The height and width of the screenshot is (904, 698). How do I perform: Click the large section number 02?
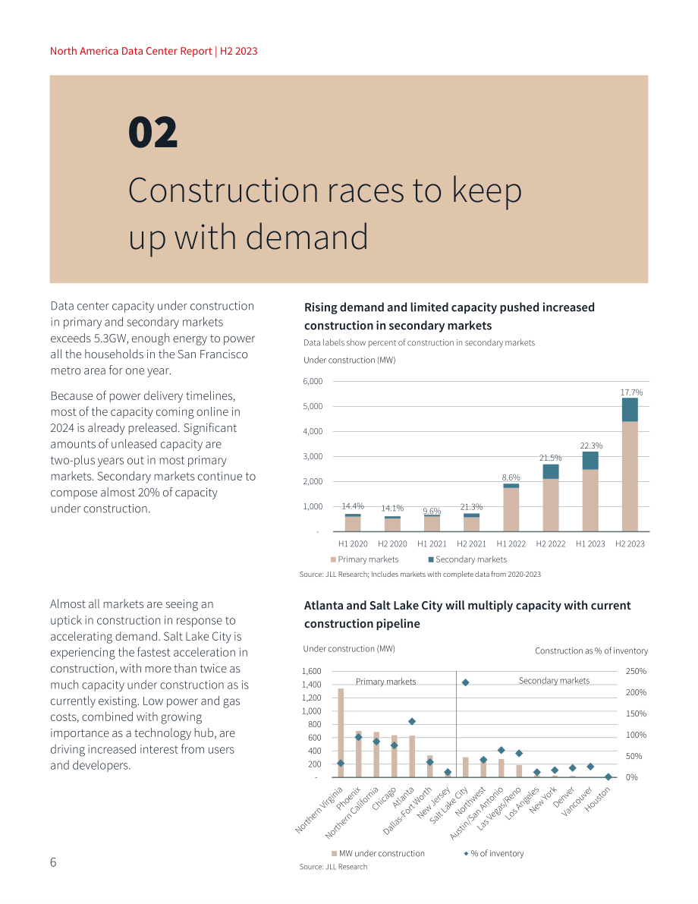coord(152,132)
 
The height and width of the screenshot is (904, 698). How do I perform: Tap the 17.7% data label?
coord(631,392)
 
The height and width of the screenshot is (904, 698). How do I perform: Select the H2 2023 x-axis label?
coord(630,543)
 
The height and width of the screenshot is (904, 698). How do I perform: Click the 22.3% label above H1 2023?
coord(591,446)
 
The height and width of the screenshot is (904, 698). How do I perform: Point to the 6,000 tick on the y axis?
coord(313,381)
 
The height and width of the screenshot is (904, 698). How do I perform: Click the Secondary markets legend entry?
coord(467,559)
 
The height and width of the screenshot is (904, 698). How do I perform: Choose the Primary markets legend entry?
coord(364,559)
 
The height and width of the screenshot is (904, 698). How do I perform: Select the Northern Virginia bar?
coord(341,732)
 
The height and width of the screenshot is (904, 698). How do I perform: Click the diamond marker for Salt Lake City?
coord(465,682)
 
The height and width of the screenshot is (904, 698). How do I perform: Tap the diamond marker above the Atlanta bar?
coord(411,721)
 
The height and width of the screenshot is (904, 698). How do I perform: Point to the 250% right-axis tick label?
coord(636,671)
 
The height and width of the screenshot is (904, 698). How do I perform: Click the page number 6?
coord(53,862)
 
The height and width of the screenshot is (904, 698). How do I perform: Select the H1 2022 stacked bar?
coord(511,507)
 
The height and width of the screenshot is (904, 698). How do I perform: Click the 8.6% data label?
coord(511,477)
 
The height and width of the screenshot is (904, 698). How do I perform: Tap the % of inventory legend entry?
coord(494,853)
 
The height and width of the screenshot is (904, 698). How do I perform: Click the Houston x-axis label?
coord(597,800)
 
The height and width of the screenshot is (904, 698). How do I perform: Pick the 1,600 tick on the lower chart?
coord(311,671)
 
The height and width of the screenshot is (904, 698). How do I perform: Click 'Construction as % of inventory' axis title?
coord(591,651)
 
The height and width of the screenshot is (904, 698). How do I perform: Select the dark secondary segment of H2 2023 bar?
coord(630,410)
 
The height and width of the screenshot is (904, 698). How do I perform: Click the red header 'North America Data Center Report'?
coord(130,51)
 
